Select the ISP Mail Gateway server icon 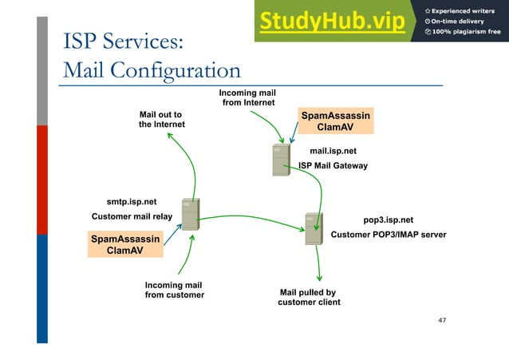pyautogui.click(x=280, y=160)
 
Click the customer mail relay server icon pyautogui.click(x=190, y=214)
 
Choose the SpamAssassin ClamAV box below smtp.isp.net pyautogui.click(x=124, y=245)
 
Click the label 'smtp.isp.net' pyautogui.click(x=132, y=202)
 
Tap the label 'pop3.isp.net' pyautogui.click(x=388, y=220)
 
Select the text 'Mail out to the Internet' pyautogui.click(x=162, y=119)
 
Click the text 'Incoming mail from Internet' pyautogui.click(x=248, y=98)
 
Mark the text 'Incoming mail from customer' pyautogui.click(x=174, y=291)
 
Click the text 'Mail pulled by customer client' pyautogui.click(x=308, y=297)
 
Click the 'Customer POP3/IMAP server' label pyautogui.click(x=388, y=235)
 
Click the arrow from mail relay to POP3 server pyautogui.click(x=247, y=217)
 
